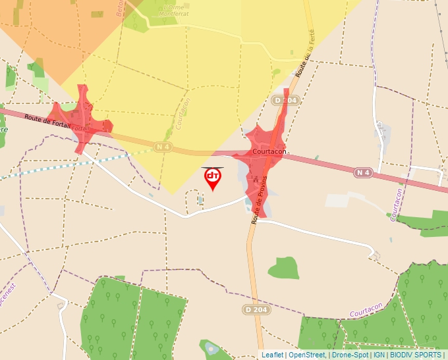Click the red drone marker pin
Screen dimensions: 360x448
pyautogui.click(x=213, y=178)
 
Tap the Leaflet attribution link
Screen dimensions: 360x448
pyautogui.click(x=272, y=355)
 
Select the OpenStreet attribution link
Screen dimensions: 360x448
pyautogui.click(x=306, y=355)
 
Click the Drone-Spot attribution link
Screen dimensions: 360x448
pyautogui.click(x=350, y=355)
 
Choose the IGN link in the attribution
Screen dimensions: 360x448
pyautogui.click(x=379, y=355)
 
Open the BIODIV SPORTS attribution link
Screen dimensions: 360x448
pyautogui.click(x=415, y=355)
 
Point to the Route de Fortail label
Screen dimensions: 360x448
pyautogui.click(x=47, y=120)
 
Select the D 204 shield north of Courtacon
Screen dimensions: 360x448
pyautogui.click(x=286, y=100)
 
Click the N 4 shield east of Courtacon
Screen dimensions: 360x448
pyautogui.click(x=363, y=172)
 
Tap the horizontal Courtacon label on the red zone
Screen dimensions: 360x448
pyautogui.click(x=269, y=152)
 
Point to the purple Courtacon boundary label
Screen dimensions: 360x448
pyautogui.click(x=366, y=313)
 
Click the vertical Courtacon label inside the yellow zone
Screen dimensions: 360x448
pyautogui.click(x=184, y=115)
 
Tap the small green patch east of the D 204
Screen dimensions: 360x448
pyautogui.click(x=283, y=267)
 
